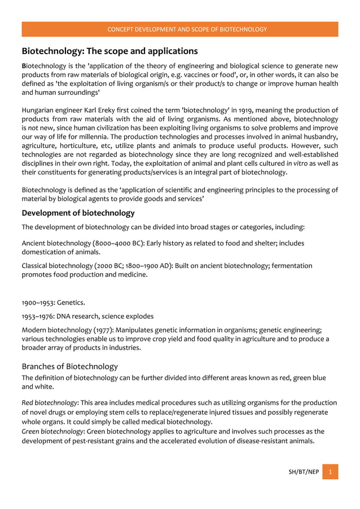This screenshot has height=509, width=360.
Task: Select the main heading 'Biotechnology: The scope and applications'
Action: [x=109, y=51]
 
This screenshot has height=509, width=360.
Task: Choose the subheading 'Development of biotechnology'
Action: [x=78, y=213]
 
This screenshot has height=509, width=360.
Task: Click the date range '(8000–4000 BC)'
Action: [x=111, y=243]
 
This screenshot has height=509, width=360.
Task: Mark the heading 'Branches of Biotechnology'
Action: [x=69, y=366]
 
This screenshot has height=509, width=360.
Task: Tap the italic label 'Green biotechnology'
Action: [x=52, y=431]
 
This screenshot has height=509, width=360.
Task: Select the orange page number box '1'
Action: [x=331, y=471]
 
